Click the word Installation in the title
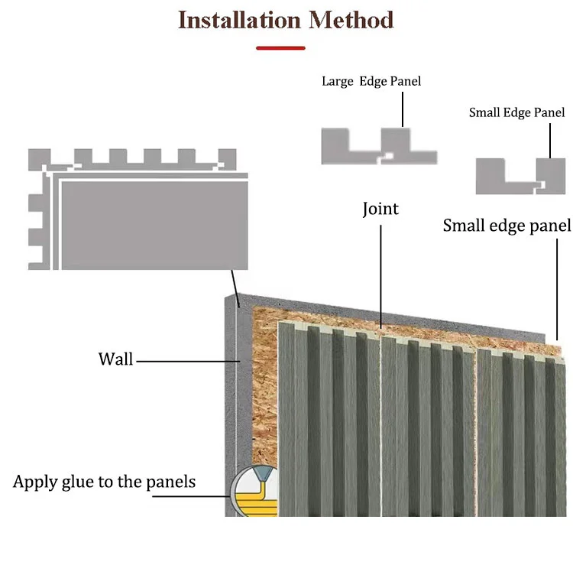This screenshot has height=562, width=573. tap(239, 20)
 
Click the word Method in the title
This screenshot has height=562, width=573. tap(351, 20)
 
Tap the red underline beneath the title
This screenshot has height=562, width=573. tap(280, 48)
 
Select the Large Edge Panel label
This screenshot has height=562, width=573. tap(371, 81)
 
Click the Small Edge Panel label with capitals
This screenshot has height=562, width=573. tap(516, 112)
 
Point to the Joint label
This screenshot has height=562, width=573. tap(380, 210)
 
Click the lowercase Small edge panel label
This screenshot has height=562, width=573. tap(507, 226)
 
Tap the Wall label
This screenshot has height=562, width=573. tap(115, 359)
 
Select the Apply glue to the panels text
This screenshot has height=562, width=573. tap(104, 482)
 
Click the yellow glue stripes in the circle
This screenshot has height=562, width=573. tap(257, 505)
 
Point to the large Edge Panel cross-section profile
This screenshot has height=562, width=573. tap(379, 146)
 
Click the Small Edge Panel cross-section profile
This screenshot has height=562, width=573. tap(520, 176)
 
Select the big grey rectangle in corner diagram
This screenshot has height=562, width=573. tap(154, 226)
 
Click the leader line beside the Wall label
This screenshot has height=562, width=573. tap(188, 362)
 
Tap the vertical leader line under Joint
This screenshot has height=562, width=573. tap(380, 277)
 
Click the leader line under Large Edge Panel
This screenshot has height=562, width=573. tap(403, 109)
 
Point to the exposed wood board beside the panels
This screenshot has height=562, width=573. tap(264, 384)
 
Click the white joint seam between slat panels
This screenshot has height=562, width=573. tap(380, 424)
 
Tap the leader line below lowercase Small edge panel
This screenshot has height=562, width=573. tap(557, 290)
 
